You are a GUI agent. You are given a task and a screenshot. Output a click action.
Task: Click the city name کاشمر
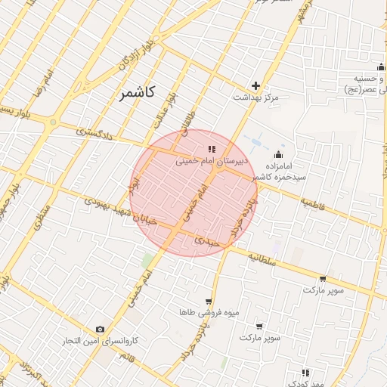(x=137, y=93)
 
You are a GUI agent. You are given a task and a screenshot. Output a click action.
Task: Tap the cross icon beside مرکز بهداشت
(x=256, y=85)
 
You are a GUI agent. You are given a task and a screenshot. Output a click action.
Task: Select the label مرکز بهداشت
(x=255, y=98)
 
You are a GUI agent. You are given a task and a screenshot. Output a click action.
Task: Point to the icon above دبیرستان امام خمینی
(x=212, y=149)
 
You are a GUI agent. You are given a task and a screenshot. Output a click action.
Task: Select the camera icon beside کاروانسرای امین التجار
(x=101, y=329)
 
